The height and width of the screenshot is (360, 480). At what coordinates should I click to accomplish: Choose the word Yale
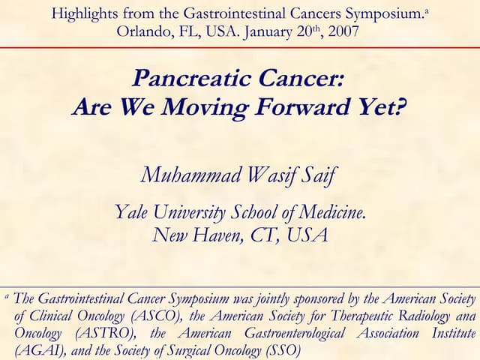(x=132, y=212)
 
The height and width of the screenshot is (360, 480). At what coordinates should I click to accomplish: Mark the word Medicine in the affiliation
(x=334, y=212)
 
